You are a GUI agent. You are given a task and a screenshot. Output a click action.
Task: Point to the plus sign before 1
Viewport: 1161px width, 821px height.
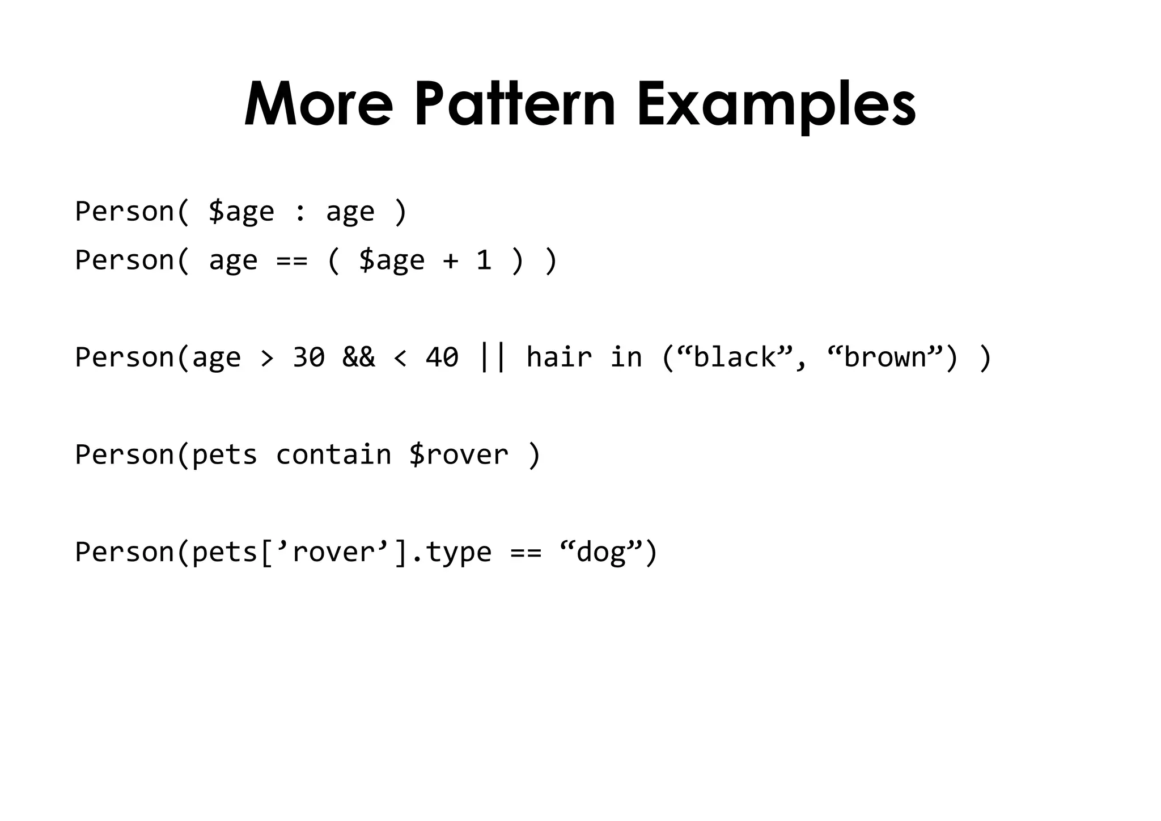pos(451,261)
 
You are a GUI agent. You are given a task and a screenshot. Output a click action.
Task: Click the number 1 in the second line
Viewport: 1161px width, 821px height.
pos(484,260)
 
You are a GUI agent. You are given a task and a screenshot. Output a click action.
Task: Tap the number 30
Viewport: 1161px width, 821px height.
pos(308,357)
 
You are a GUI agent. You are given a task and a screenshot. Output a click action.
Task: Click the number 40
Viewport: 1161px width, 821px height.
pos(442,357)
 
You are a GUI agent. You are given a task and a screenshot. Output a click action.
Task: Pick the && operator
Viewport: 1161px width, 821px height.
pos(358,357)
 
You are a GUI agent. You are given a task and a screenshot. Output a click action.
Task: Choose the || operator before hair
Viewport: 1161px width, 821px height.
pos(492,357)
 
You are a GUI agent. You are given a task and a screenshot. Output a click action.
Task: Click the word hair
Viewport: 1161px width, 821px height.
pos(559,357)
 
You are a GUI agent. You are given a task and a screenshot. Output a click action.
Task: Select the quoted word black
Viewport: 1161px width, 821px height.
pos(734,357)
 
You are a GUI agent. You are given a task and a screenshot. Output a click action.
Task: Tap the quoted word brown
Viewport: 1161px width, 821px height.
pos(885,357)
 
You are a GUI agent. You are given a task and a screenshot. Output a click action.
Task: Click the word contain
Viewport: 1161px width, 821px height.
pos(333,455)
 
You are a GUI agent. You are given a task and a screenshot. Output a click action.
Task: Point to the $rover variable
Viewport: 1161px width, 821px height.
pos(459,455)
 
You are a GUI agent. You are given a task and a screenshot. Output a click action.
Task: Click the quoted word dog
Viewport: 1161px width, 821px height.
pos(600,552)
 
